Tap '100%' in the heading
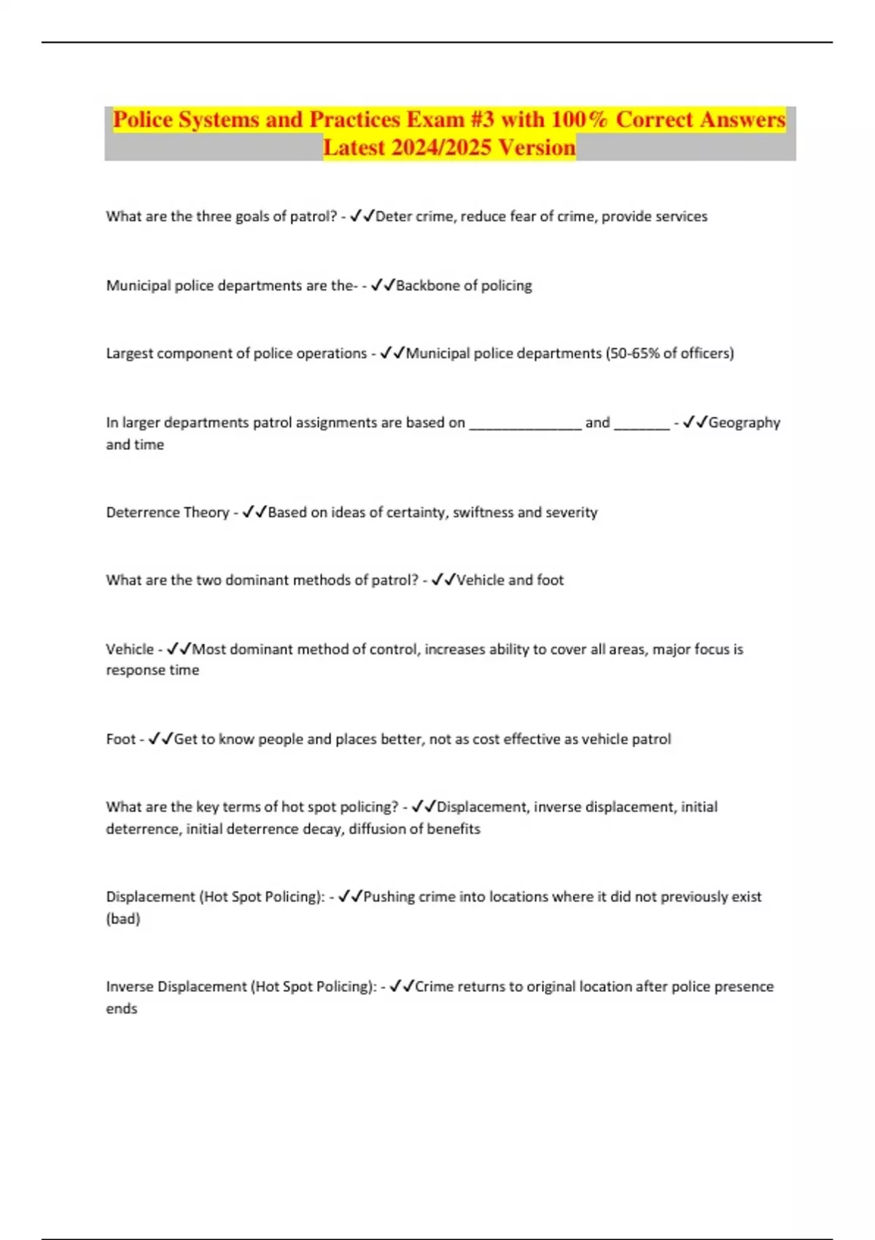click(x=579, y=120)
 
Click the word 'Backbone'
click(x=424, y=285)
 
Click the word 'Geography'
click(x=744, y=422)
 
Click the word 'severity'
click(x=571, y=512)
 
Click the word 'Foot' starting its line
click(x=120, y=739)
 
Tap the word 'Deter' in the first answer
click(x=393, y=216)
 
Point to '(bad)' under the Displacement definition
click(x=122, y=918)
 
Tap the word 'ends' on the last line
click(x=121, y=1009)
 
